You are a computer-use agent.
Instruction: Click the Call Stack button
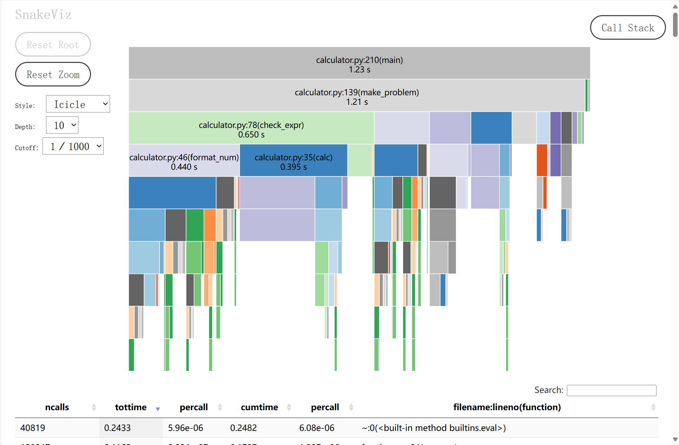628,28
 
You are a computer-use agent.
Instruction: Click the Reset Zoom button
53,75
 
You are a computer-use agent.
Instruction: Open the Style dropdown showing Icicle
78,104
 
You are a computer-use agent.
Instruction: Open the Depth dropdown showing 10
62,125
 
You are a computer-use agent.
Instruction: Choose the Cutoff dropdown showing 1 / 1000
73,146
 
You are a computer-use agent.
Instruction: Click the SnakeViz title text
44,15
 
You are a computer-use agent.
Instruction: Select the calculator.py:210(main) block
359,63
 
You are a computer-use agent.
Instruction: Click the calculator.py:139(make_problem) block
357,96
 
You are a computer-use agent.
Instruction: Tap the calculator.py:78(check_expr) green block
251,128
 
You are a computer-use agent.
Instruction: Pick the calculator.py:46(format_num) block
184,161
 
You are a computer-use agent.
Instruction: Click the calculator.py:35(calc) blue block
293,161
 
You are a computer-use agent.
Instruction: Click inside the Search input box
611,390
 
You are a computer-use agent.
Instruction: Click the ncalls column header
57,407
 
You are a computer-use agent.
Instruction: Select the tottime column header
131,407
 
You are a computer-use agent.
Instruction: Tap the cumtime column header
259,407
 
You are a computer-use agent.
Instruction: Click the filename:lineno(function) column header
507,407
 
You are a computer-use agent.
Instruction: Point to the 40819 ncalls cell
33,428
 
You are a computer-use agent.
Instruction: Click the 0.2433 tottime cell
117,428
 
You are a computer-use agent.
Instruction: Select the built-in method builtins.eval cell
434,428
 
